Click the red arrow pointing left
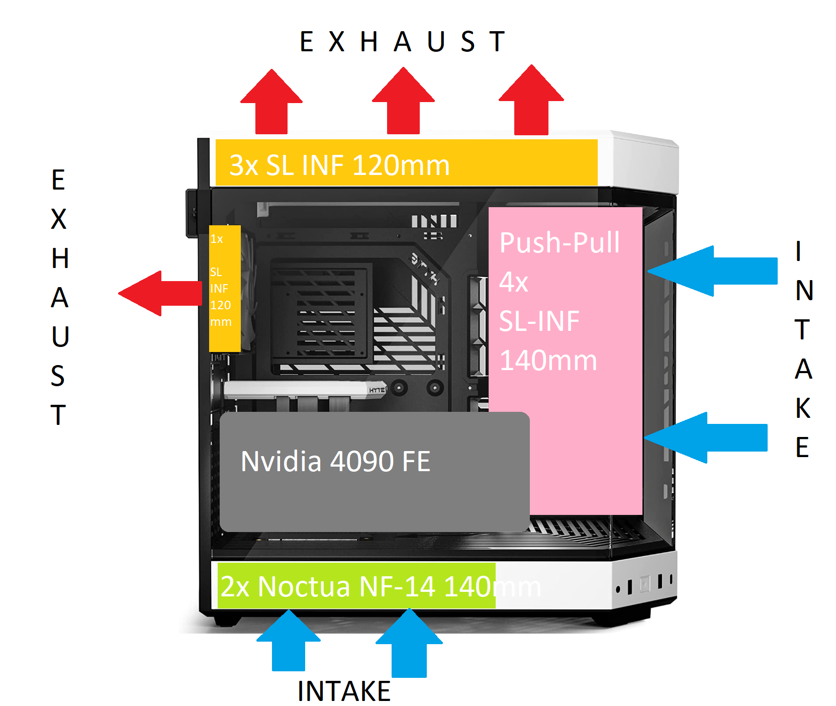(x=161, y=293)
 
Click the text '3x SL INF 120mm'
(x=339, y=165)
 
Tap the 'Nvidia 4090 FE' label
(x=336, y=462)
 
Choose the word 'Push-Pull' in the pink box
(x=560, y=242)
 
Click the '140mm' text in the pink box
(x=548, y=361)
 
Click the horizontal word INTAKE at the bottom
(x=344, y=691)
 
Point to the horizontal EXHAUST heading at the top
(x=402, y=42)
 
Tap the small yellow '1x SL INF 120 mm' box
(x=225, y=288)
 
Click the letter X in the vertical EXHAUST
(x=59, y=219)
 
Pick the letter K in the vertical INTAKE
(x=803, y=408)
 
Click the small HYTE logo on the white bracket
(x=377, y=390)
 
